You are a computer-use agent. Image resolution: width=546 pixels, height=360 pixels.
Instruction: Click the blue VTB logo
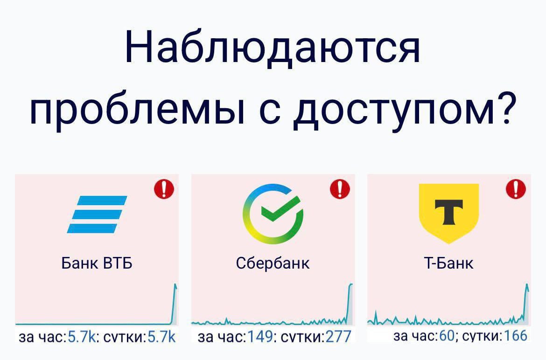click(x=97, y=214)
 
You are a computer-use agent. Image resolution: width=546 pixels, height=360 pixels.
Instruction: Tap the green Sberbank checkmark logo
click(x=273, y=214)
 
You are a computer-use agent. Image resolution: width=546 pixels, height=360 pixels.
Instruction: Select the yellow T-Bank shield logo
click(x=448, y=213)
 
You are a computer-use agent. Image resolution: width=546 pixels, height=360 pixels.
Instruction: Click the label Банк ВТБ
click(x=97, y=263)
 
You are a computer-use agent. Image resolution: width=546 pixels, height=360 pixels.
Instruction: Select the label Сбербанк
click(x=273, y=263)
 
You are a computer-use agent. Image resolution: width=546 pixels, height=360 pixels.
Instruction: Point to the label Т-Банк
click(x=448, y=263)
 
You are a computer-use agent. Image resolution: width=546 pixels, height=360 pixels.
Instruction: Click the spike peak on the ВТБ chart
click(x=175, y=284)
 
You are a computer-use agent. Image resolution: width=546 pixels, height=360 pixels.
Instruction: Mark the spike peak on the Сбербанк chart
click(x=351, y=284)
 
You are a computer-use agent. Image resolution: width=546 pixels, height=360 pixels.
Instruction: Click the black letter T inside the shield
click(x=448, y=210)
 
